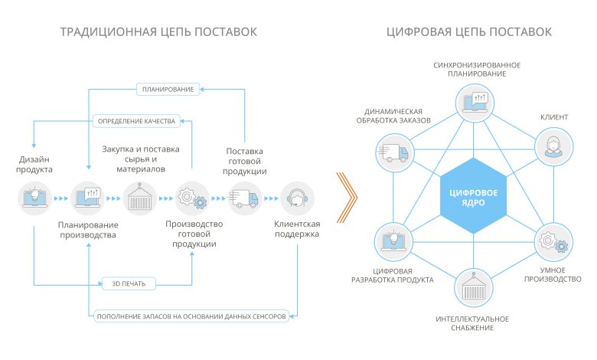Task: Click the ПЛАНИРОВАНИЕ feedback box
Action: (x=168, y=90)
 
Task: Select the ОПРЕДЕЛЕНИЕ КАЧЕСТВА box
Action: (x=136, y=121)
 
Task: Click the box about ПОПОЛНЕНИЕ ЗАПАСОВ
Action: (x=191, y=316)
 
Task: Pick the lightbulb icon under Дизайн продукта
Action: (x=34, y=197)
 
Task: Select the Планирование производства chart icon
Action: (x=86, y=197)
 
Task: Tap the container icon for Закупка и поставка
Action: (x=139, y=197)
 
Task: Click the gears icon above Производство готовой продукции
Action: (x=191, y=197)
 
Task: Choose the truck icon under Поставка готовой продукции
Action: (x=244, y=197)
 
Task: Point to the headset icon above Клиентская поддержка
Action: (x=296, y=197)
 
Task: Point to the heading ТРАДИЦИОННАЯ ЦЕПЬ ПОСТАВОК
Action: (x=159, y=31)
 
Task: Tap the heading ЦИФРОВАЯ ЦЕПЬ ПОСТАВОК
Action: (x=469, y=31)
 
